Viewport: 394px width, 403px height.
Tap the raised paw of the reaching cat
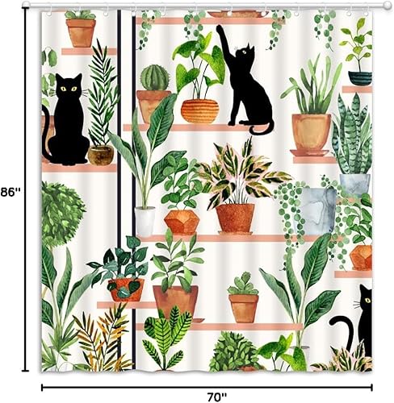click(x=219, y=31)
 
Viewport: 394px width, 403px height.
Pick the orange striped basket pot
click(x=199, y=110)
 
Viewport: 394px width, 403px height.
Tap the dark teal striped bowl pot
click(x=359, y=77)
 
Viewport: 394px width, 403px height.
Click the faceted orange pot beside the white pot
click(x=182, y=222)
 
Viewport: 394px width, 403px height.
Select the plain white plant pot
click(x=145, y=221)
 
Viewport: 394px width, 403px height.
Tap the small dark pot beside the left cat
click(x=100, y=155)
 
